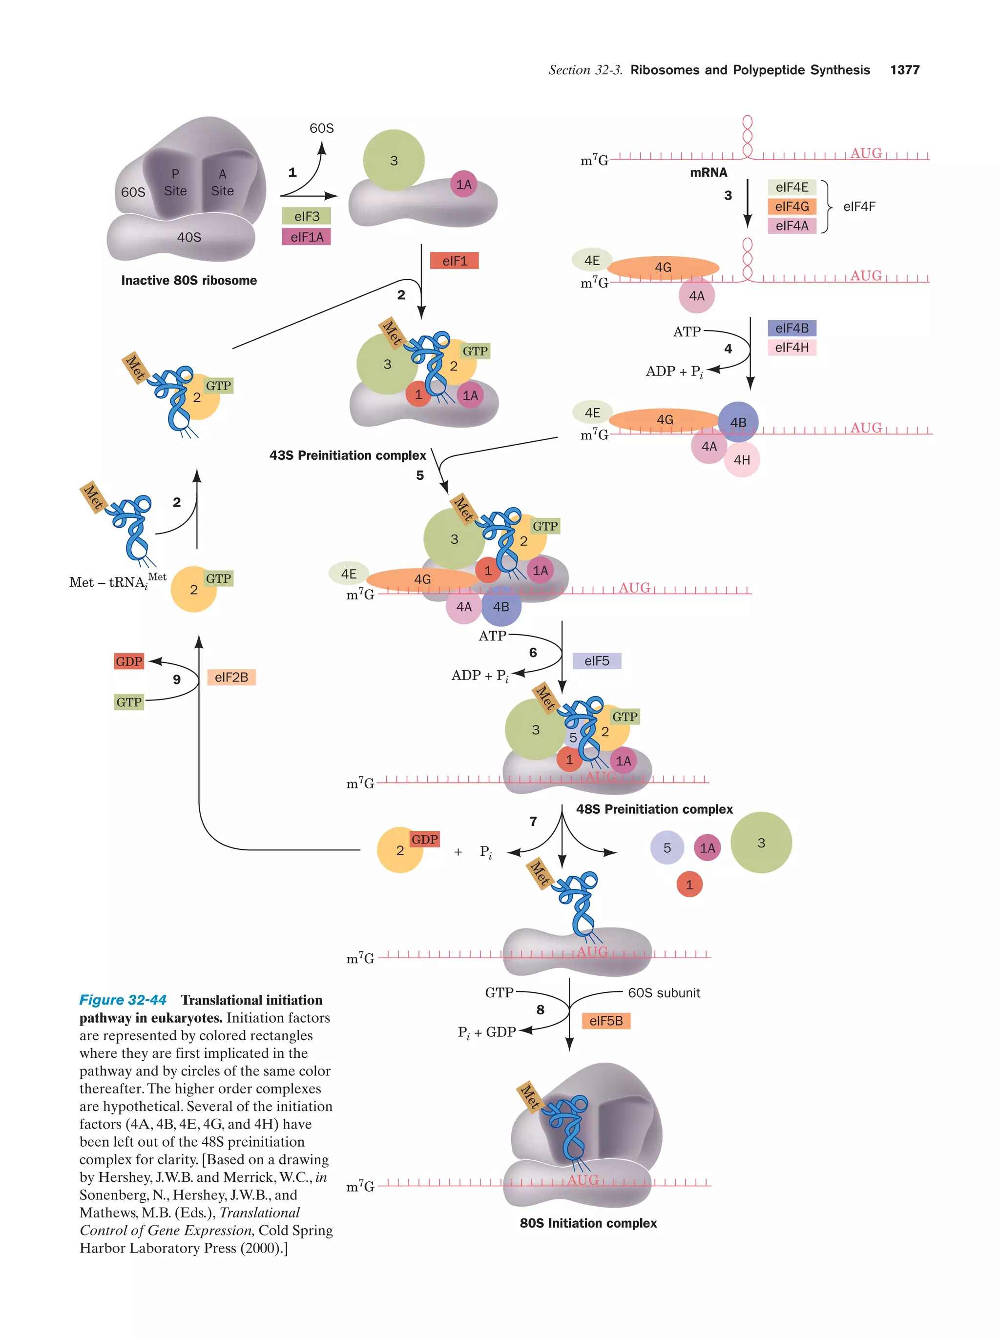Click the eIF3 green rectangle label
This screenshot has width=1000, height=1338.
[x=306, y=216]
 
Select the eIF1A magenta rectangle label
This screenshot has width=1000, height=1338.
[x=306, y=237]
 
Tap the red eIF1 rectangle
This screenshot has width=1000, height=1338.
[x=454, y=261]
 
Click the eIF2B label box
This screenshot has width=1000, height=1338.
[x=231, y=677]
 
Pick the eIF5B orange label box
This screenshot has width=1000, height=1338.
[x=605, y=1020]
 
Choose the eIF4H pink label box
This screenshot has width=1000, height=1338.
[x=792, y=347]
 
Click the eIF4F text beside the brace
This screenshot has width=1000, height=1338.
[x=858, y=206]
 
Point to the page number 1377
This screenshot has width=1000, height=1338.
[x=904, y=70]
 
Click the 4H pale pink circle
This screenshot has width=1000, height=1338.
[x=742, y=460]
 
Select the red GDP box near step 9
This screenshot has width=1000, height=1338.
[x=129, y=661]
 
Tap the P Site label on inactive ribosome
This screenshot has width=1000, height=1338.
[x=175, y=182]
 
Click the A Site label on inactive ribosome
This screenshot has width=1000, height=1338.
[x=223, y=182]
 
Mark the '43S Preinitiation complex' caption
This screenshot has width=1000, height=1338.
[x=347, y=455]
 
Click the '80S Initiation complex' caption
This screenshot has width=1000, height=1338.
[x=588, y=1222]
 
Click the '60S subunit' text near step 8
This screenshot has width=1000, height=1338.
[x=664, y=992]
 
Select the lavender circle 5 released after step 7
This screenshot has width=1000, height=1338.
[x=667, y=848]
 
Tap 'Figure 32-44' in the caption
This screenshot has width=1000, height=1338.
[x=123, y=1000]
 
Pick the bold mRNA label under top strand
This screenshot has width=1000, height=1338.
[x=708, y=172]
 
